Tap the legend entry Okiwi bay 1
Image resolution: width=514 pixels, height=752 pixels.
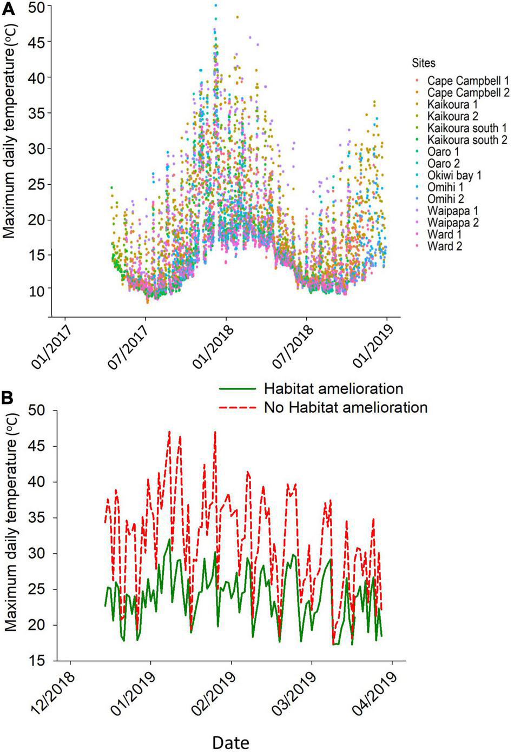tap(454, 176)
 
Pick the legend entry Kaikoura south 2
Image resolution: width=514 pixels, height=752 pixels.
tap(467, 140)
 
